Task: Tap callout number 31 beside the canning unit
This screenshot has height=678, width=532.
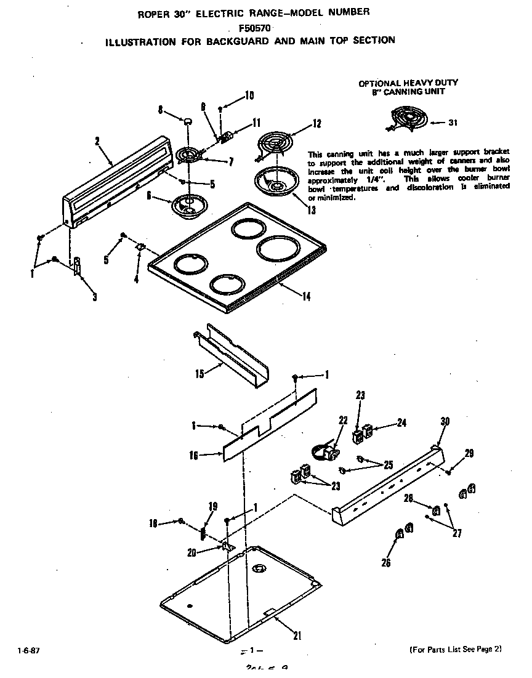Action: click(453, 123)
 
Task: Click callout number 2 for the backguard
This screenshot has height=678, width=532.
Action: click(97, 140)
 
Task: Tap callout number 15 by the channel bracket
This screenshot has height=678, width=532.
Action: click(199, 374)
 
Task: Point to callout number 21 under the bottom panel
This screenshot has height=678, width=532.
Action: click(297, 636)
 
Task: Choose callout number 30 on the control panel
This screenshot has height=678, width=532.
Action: click(445, 421)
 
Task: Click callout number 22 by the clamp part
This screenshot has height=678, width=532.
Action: click(343, 420)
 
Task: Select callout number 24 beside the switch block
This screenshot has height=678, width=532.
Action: click(401, 423)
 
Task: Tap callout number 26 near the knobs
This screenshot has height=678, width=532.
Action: click(386, 562)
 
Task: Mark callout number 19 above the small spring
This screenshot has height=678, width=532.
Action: click(213, 507)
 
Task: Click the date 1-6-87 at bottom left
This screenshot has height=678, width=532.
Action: click(22, 650)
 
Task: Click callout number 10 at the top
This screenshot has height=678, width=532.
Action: click(249, 95)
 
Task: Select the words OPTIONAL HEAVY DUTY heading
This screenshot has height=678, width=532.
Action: click(408, 83)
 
